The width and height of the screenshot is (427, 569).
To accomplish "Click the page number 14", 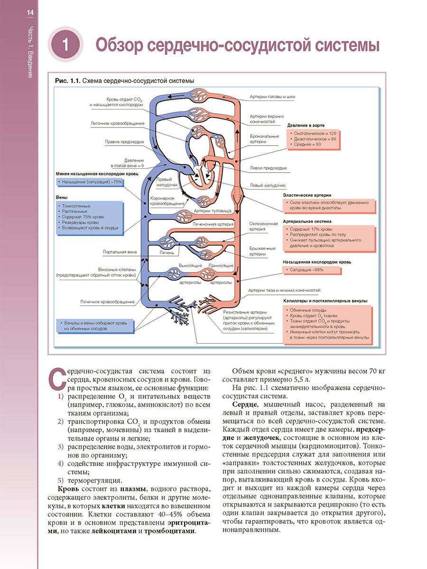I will coord(30,13).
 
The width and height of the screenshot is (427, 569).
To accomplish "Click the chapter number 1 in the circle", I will coord(65,46).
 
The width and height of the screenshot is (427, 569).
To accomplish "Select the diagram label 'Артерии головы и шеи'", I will coord(272,97).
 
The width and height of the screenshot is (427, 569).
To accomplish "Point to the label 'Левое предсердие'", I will coord(268,168).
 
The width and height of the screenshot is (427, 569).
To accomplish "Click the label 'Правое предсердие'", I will coord(125,141).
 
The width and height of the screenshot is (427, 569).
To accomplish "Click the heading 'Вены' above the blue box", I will coord(61,197).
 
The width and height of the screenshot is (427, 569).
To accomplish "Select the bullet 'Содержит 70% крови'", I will coord(82,217).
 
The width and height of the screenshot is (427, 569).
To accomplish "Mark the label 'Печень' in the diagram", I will coord(167,253).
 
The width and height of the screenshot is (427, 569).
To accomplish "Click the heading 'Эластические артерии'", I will coord(307,195).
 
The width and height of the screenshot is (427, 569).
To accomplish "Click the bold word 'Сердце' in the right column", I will coord(245,404).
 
